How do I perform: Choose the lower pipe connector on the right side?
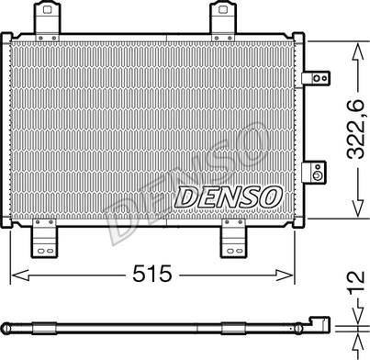[315, 172]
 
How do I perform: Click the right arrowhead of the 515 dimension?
[294, 274]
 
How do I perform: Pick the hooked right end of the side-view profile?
[322, 322]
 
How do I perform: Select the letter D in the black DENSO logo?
[186, 196]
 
